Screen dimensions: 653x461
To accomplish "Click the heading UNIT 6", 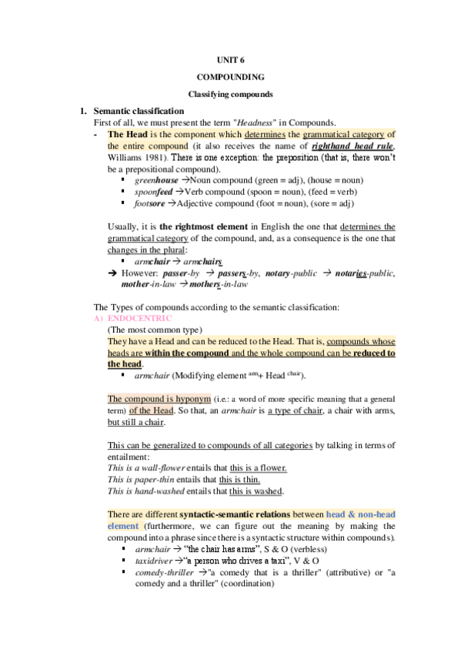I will click(230, 59).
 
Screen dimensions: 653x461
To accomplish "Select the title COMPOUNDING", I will click(230, 77).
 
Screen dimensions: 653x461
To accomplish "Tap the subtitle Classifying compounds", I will click(230, 94).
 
